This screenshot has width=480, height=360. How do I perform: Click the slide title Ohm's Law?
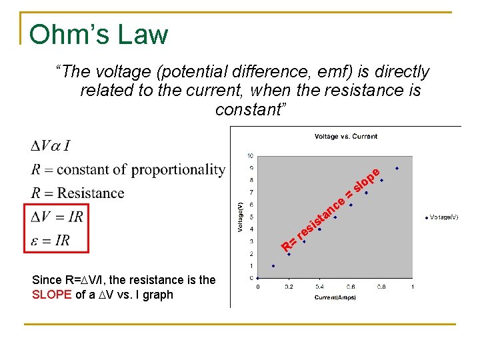click(x=99, y=35)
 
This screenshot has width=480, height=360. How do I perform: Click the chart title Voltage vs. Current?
click(x=345, y=137)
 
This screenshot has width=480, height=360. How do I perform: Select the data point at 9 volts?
click(x=397, y=169)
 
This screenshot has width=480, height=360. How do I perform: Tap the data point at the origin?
click(x=258, y=278)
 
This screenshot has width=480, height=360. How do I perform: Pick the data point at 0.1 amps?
click(x=273, y=266)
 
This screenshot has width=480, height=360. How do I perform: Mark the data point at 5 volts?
click(x=335, y=217)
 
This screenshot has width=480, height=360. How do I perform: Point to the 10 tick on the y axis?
click(x=250, y=155)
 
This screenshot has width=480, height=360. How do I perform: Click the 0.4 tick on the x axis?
click(x=319, y=287)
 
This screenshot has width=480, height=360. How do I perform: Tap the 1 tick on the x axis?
click(x=412, y=287)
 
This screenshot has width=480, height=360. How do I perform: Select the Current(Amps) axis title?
click(x=335, y=297)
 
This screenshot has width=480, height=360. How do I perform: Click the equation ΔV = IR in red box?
click(x=57, y=217)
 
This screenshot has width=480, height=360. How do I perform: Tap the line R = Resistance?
click(x=77, y=193)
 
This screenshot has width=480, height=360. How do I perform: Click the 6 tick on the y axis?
click(x=251, y=205)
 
